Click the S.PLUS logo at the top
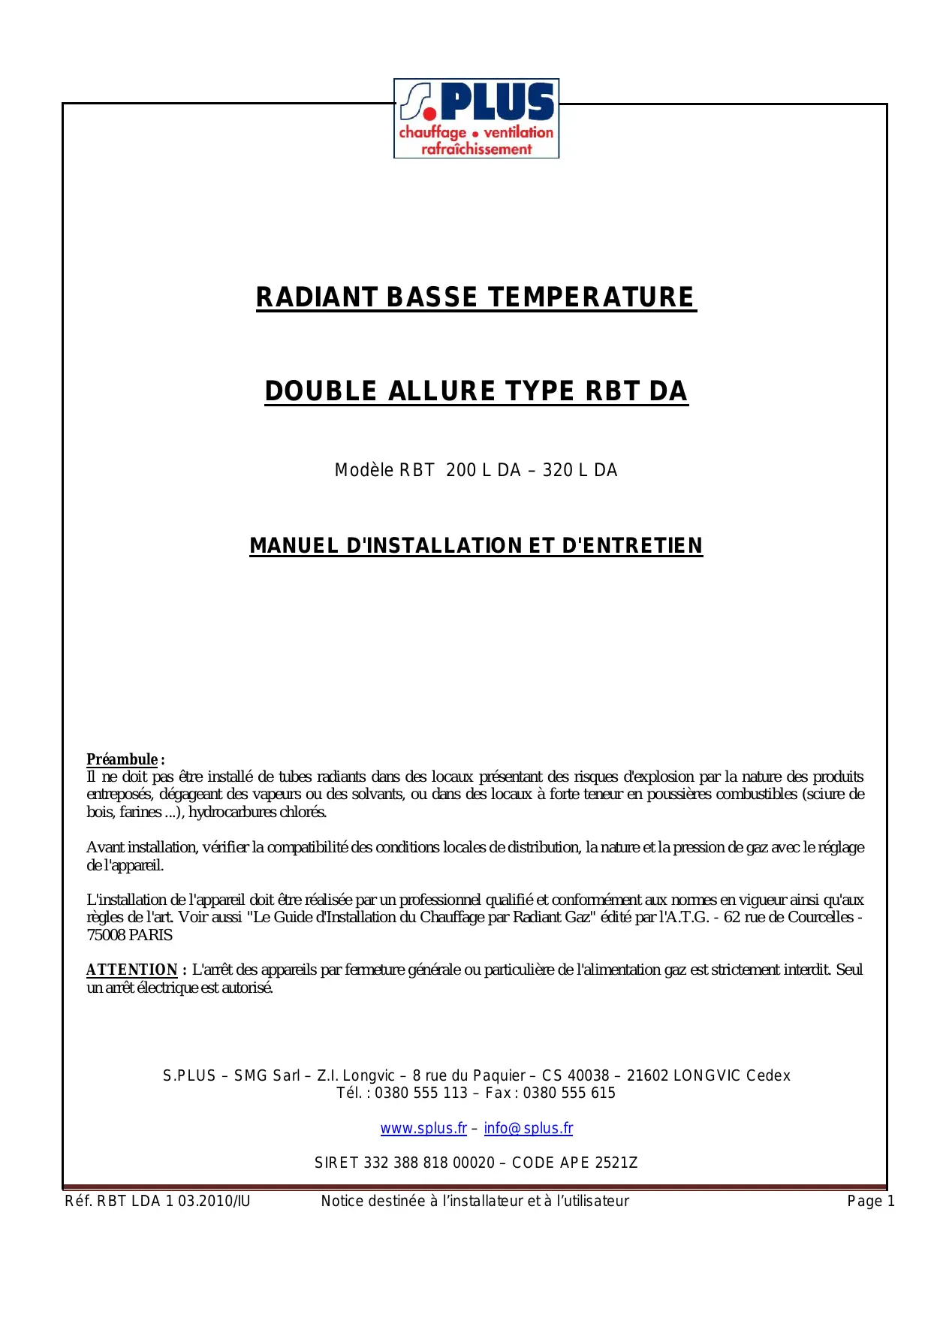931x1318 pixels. click(x=476, y=118)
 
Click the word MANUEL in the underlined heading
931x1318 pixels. click(x=294, y=546)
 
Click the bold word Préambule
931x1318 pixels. click(x=122, y=759)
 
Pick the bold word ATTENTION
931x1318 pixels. click(x=131, y=970)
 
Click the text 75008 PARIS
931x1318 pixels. click(x=129, y=935)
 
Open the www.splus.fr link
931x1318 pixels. click(x=423, y=1128)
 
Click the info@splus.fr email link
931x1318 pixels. click(x=528, y=1128)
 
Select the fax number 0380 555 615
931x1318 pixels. click(x=569, y=1093)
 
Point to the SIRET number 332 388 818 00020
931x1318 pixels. click(x=429, y=1163)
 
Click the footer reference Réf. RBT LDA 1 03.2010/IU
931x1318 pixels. click(x=158, y=1201)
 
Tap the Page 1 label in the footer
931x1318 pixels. click(x=871, y=1201)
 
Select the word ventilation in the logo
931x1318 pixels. click(x=518, y=132)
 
